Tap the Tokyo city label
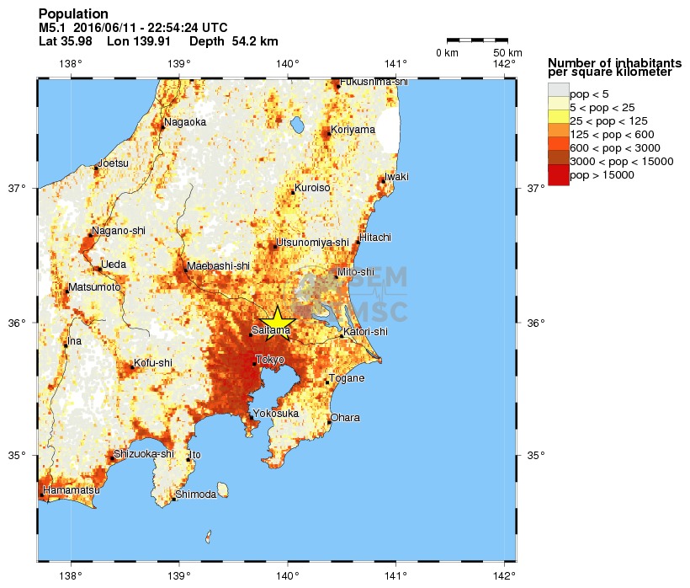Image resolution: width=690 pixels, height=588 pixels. pos(269,360)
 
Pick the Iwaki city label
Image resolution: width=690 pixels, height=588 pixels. pos(396,177)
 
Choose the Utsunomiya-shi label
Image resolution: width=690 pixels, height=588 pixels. pos(312,243)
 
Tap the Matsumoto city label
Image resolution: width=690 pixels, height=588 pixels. pos(95,287)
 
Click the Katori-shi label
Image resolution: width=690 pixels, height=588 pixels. pos(366,332)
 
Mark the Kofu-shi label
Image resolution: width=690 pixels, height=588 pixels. pos(153,363)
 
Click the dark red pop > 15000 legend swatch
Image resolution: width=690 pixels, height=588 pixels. pos(558,175)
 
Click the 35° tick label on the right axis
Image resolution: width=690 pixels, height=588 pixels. pos(536,456)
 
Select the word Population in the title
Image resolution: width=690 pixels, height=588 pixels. pos(73,14)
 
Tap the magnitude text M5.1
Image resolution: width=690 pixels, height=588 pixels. pos(50,28)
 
